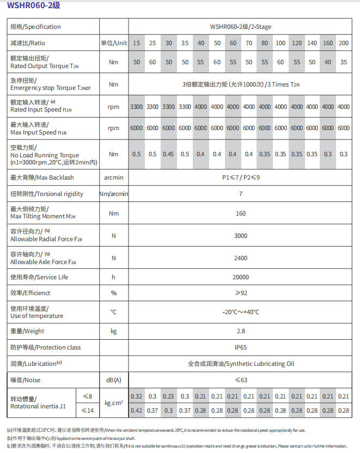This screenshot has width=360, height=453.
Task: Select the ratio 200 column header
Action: click(x=344, y=43)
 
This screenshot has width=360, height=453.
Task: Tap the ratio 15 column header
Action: click(x=137, y=43)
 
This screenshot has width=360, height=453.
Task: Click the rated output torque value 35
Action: click(x=344, y=62)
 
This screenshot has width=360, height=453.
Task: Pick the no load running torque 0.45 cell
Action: click(x=168, y=154)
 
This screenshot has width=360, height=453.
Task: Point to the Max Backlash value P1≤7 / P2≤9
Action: click(x=240, y=177)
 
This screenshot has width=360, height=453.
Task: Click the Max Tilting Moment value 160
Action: click(x=240, y=213)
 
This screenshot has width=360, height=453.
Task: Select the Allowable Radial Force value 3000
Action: click(x=240, y=235)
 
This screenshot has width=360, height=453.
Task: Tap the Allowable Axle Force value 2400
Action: click(x=240, y=258)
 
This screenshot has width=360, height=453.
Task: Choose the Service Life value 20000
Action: click(x=240, y=277)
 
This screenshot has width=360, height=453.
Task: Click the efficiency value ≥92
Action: click(x=240, y=293)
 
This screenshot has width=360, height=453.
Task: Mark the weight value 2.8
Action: click(x=240, y=331)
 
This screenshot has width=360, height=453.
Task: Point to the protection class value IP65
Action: click(x=240, y=347)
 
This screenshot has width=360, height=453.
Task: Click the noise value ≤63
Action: click(x=240, y=379)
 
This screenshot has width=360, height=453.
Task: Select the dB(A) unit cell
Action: click(x=113, y=379)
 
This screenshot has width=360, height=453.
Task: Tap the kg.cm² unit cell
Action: click(x=113, y=403)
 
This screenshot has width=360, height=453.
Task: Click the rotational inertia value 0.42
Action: click(x=137, y=411)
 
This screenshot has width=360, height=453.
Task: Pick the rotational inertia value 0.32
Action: click(x=137, y=396)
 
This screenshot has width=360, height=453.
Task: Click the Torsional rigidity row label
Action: click(x=47, y=194)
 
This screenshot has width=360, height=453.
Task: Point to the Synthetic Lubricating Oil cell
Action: click(x=240, y=363)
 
